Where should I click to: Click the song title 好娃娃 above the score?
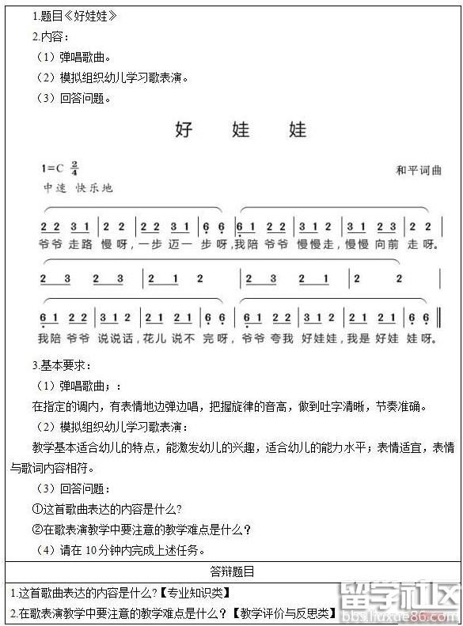[241, 130]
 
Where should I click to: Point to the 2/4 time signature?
[74, 168]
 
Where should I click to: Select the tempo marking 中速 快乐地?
[78, 188]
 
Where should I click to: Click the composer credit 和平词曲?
[419, 171]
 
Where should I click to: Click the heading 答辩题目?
[232, 571]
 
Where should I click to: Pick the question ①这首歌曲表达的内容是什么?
[107, 509]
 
